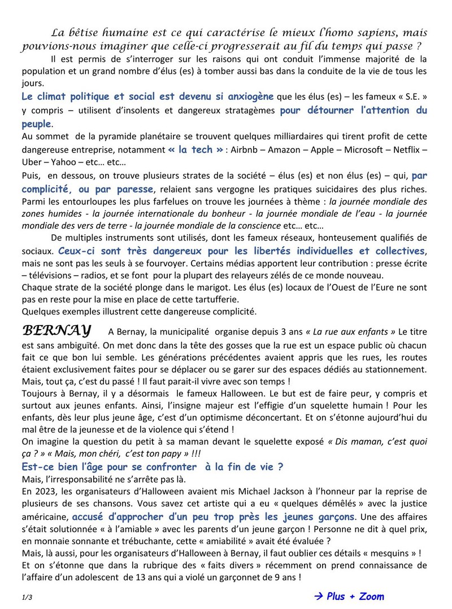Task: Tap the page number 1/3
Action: click(x=28, y=597)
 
